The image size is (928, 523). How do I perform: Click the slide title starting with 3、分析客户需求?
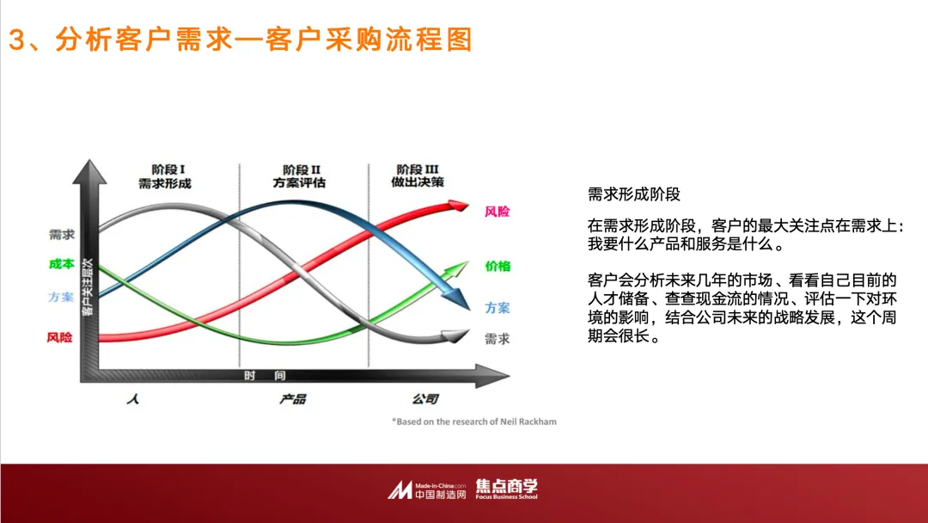(241, 40)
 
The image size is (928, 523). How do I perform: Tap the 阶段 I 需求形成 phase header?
(164, 176)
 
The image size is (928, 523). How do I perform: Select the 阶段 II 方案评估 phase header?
(300, 176)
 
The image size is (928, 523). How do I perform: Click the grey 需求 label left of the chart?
(61, 234)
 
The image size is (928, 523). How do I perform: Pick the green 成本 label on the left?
(61, 265)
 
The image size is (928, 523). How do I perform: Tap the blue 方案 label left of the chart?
(61, 298)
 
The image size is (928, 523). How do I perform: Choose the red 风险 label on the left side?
(60, 337)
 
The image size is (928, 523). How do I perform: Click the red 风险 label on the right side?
(497, 211)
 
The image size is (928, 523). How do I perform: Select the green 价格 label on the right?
(498, 266)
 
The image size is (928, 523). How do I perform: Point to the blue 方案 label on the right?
(497, 308)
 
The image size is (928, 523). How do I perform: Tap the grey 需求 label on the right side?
(497, 339)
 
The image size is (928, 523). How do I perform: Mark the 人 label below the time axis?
(131, 399)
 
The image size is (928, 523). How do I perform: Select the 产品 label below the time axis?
(292, 399)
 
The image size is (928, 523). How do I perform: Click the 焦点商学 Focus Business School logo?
(506, 489)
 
